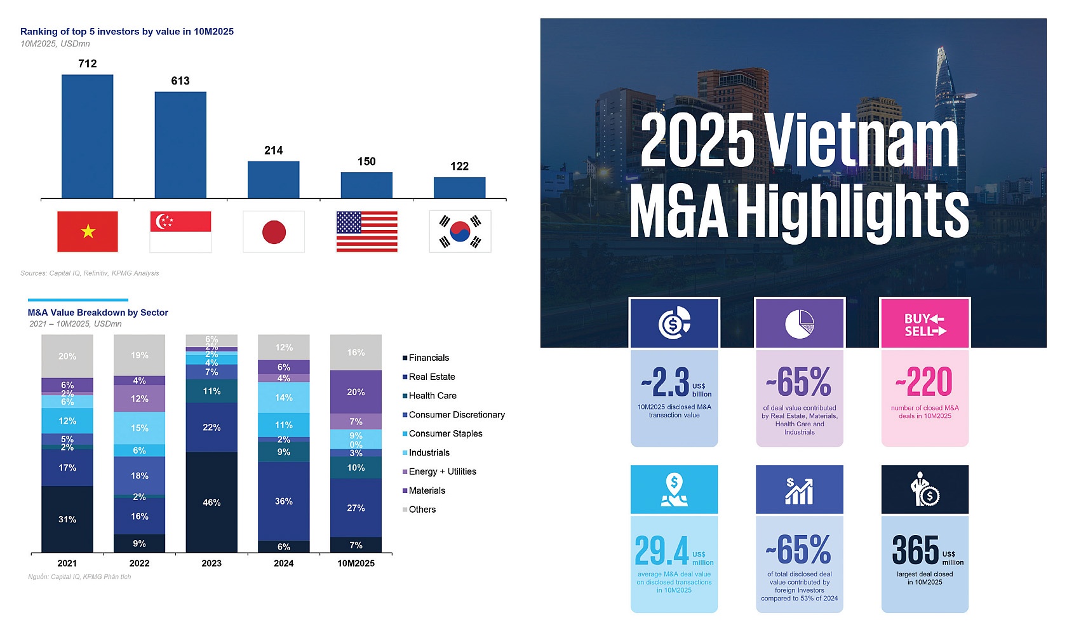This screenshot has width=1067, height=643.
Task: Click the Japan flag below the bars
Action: coord(274,232)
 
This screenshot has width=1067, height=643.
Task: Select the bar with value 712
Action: coord(88,137)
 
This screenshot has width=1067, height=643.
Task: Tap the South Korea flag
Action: coord(460,232)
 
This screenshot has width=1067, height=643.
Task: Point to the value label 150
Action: coord(366,161)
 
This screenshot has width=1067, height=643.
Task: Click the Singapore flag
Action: coord(180,232)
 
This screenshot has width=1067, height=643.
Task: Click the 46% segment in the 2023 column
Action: coord(211,502)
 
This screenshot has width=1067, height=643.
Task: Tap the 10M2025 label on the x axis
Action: coord(356,563)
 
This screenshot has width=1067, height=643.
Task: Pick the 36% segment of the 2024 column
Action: coord(283,501)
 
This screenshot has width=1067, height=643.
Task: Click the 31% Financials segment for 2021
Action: coord(67,519)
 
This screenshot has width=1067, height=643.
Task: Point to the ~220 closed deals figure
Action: coord(925,382)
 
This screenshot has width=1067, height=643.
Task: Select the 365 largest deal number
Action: coord(915,550)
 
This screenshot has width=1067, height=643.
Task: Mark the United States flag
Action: coord(366,232)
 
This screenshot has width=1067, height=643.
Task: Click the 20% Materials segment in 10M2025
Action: coord(356,392)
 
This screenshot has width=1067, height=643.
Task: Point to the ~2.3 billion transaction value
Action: coord(666,382)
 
